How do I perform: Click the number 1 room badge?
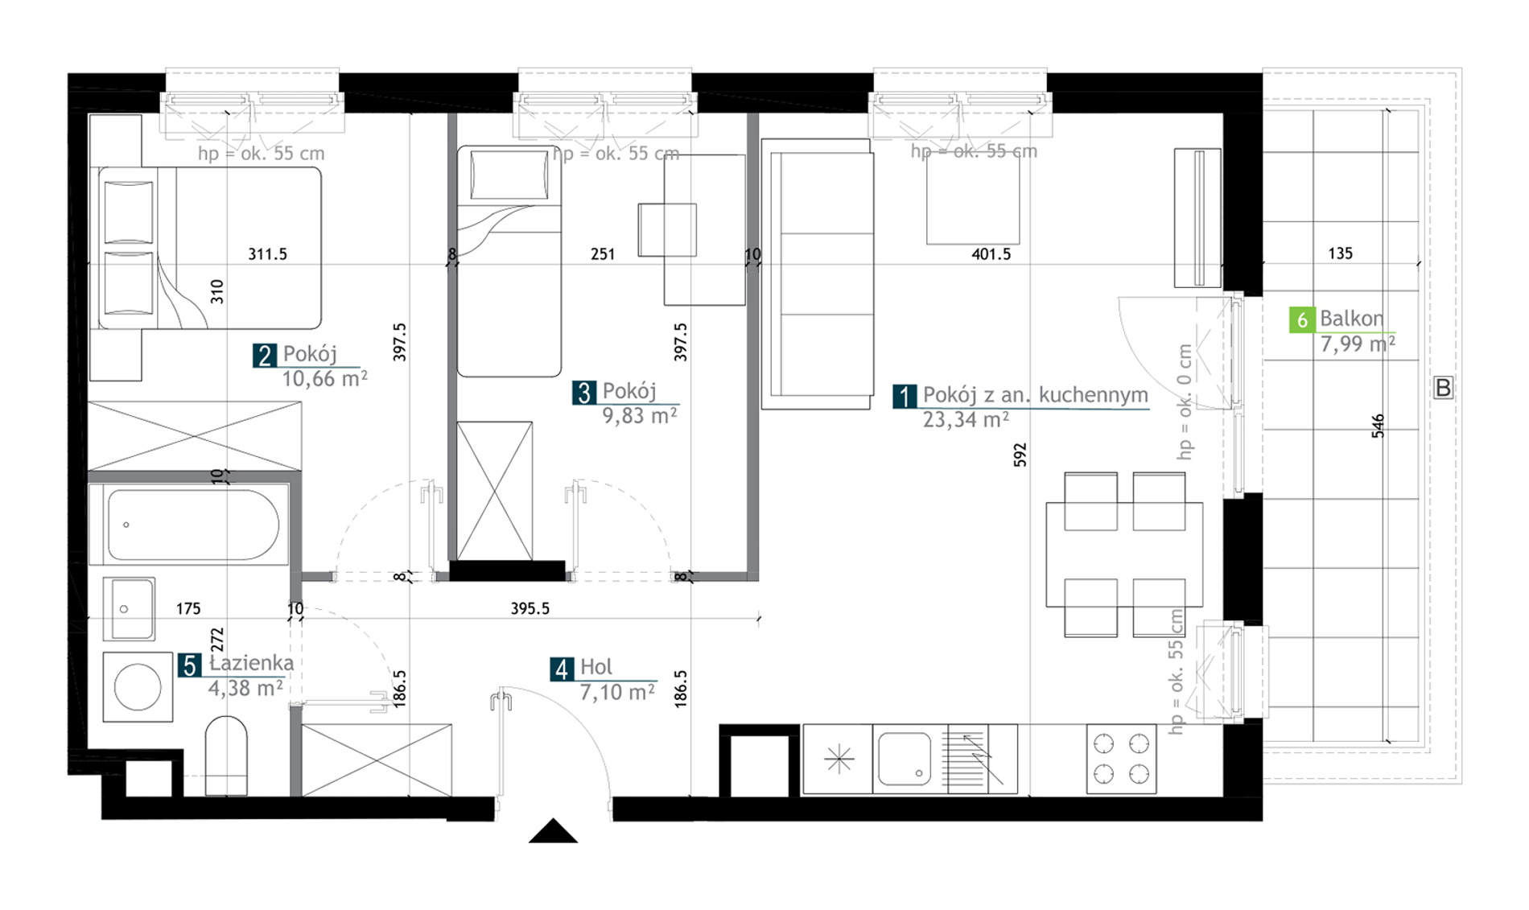tap(905, 397)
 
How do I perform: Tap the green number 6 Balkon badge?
tap(1301, 320)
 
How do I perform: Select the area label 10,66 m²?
tap(324, 378)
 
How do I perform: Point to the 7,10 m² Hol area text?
tap(616, 692)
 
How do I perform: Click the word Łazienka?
tap(251, 663)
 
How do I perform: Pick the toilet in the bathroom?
tap(226, 756)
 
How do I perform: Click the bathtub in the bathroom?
tap(188, 525)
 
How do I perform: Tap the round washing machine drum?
tap(138, 687)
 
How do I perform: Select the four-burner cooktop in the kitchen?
tap(1121, 759)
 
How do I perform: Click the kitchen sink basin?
tap(905, 758)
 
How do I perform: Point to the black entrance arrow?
tap(553, 830)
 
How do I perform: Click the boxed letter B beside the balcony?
tap(1443, 388)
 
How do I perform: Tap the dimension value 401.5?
tap(991, 254)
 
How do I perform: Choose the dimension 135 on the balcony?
tap(1340, 253)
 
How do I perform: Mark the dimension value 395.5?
tap(530, 609)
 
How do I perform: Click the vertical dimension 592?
tap(1020, 455)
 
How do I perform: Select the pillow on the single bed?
tap(509, 175)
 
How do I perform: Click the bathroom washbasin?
tap(129, 608)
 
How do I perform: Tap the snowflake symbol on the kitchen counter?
tap(839, 759)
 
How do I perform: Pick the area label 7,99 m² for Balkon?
tap(1358, 344)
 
